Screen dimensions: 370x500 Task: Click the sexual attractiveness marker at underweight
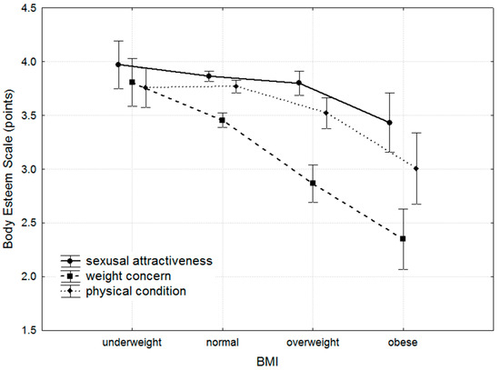pos(118,65)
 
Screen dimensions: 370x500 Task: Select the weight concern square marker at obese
pos(403,238)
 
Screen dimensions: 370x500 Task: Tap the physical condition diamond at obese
pos(416,168)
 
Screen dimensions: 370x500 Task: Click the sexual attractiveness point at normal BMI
pos(208,76)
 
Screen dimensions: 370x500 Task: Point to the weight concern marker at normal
pos(222,120)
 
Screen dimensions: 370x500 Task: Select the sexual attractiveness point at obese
pos(389,123)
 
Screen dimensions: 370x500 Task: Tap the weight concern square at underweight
pos(132,82)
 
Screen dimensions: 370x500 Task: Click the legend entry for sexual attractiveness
pos(149,260)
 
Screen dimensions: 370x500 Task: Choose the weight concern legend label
pos(131,275)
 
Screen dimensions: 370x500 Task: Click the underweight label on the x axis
pos(132,345)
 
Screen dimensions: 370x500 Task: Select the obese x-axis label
pos(403,345)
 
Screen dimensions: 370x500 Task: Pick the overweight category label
pos(313,345)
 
